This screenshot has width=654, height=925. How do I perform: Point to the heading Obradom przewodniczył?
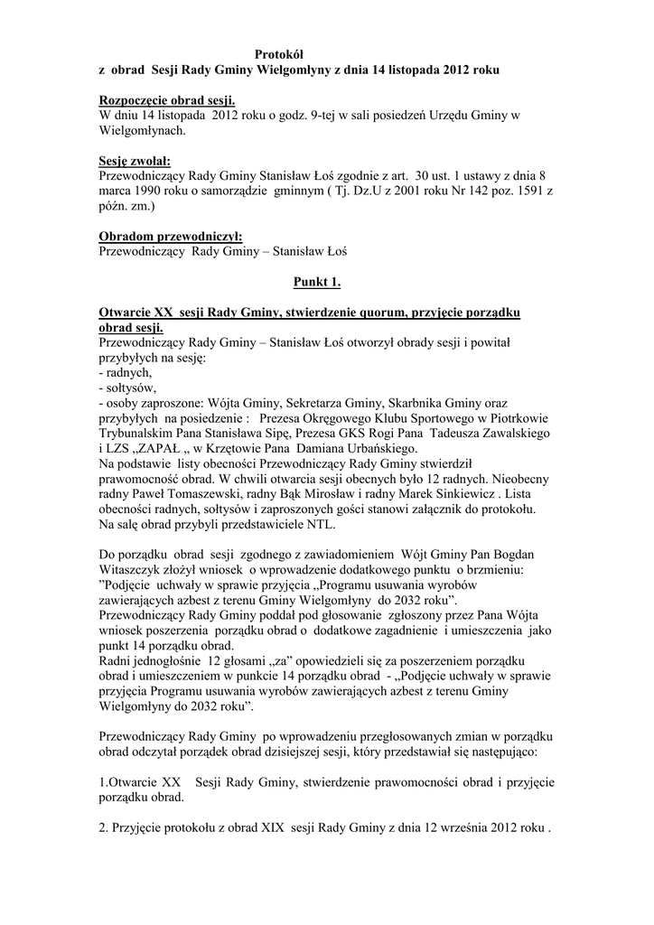pyautogui.click(x=163, y=236)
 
